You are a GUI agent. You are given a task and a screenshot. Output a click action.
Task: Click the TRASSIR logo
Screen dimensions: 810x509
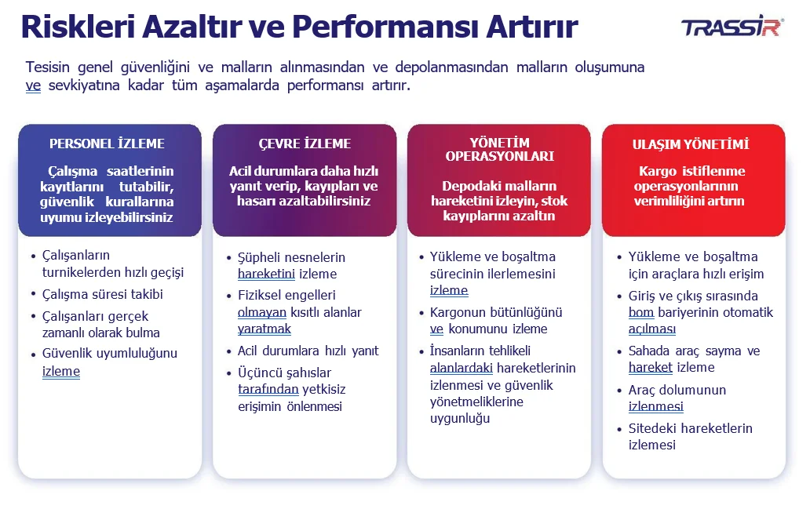[732, 27]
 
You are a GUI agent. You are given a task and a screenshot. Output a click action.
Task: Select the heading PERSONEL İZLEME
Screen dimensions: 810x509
[107, 144]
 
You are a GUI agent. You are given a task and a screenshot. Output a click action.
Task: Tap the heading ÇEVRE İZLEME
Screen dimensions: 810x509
[305, 144]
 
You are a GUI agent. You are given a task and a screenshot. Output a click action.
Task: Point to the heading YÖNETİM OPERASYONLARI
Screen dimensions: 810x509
[499, 150]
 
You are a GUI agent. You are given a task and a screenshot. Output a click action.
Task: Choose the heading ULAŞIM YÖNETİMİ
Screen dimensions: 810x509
[691, 144]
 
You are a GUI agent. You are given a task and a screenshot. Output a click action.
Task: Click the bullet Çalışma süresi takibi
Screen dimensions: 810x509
[102, 294]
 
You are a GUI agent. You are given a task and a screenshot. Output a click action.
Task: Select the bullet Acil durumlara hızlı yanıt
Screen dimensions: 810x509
[308, 351]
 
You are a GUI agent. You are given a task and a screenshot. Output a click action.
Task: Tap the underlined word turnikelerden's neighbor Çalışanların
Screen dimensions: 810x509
[76, 256]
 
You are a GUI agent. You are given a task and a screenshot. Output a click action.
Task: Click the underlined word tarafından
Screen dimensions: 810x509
[268, 389]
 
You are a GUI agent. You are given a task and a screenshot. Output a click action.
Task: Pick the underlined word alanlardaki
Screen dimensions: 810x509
[462, 368]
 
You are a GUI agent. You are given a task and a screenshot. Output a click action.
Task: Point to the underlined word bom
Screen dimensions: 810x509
[641, 312]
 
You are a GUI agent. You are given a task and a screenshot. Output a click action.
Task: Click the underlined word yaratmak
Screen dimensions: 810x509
[265, 329]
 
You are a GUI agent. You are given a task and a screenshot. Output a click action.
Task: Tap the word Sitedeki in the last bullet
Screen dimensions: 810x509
[652, 428]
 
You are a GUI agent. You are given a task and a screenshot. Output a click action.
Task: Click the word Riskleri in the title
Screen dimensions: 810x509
[78, 27]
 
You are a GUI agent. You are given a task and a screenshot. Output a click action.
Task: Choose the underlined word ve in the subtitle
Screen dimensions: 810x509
[33, 85]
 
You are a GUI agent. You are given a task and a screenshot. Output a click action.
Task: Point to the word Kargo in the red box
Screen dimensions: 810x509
[658, 172]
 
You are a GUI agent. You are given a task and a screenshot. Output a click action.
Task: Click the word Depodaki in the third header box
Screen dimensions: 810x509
[466, 186]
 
